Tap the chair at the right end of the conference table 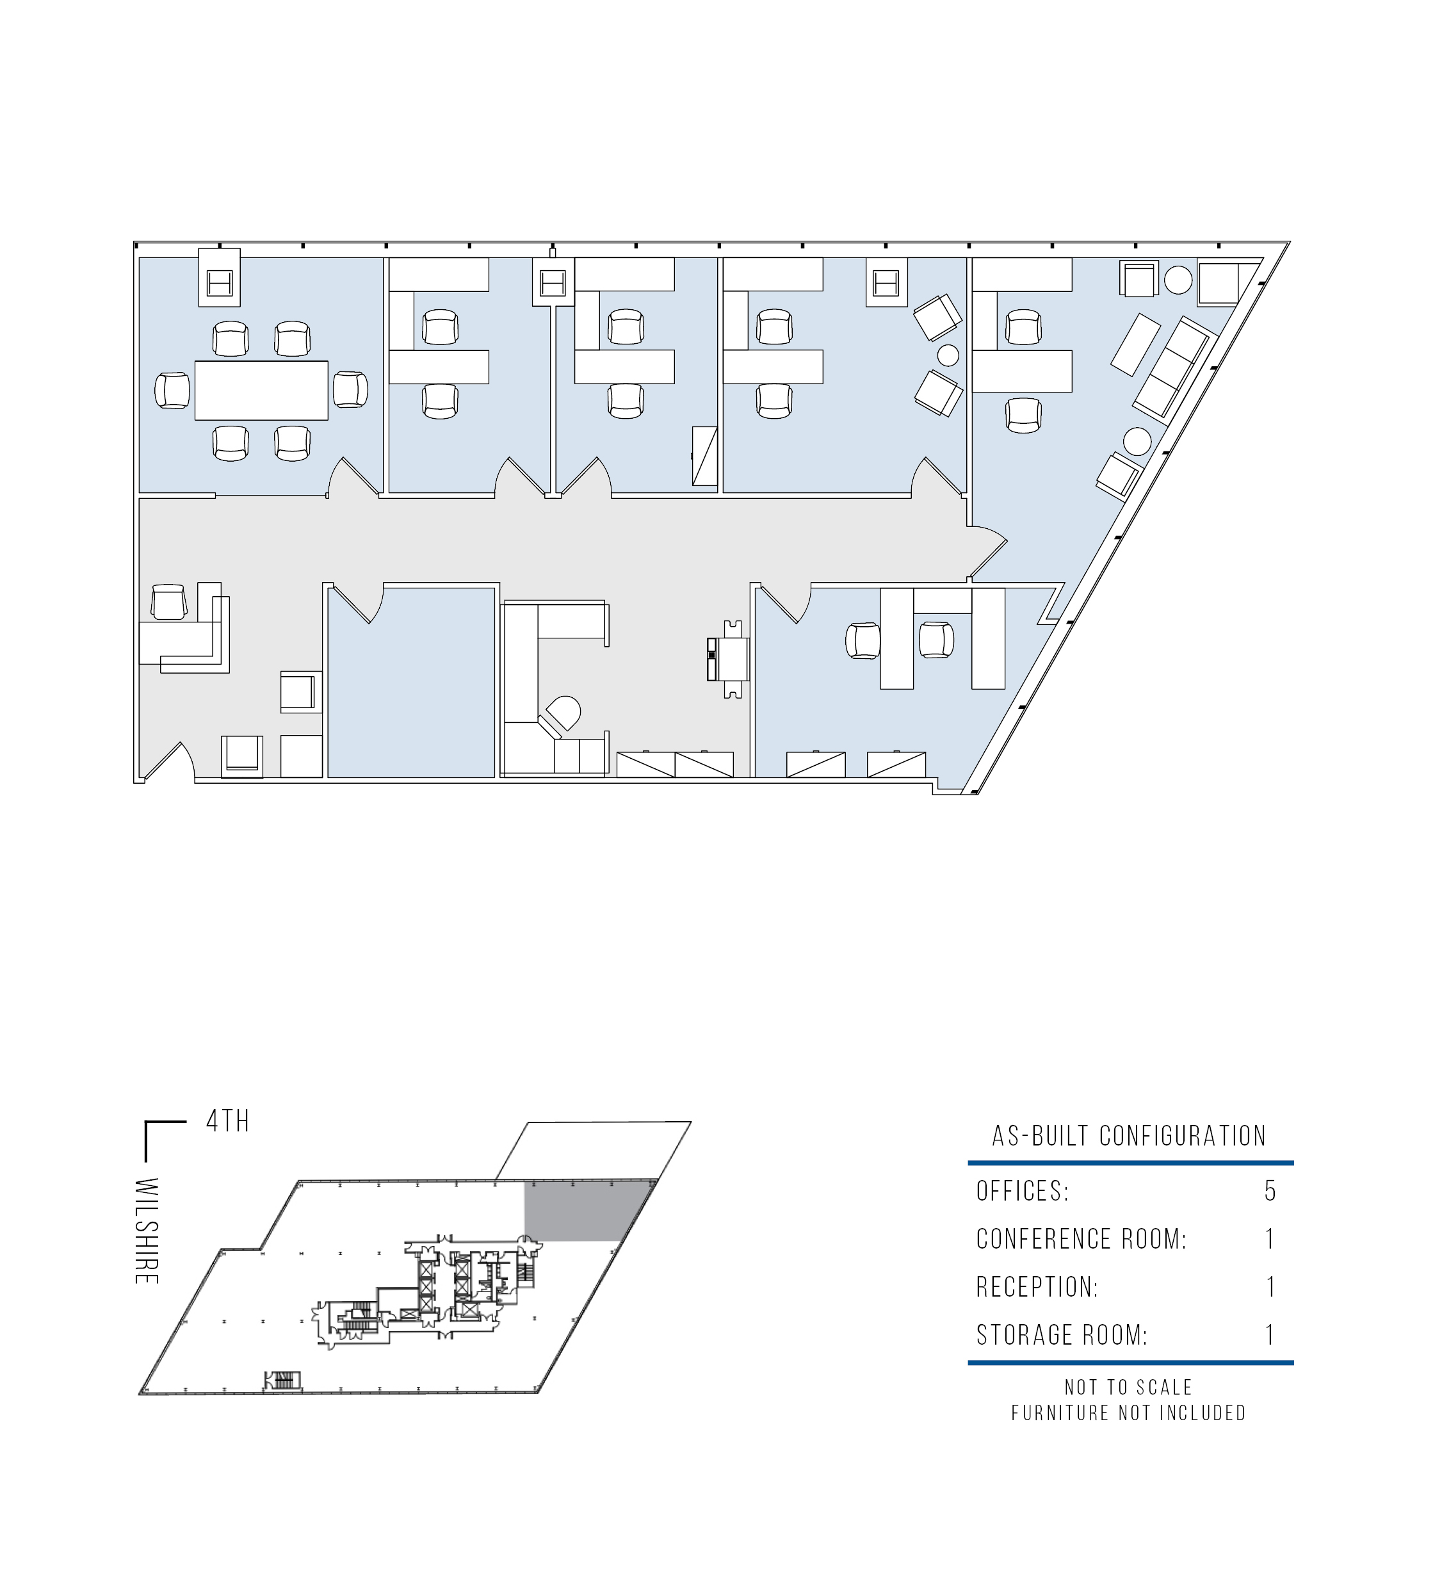point(350,389)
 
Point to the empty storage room point(411,683)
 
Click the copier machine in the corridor point(727,660)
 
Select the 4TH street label point(227,1121)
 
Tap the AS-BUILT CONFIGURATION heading point(1128,1136)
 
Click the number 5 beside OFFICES point(1270,1191)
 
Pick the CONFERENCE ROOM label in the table point(1081,1239)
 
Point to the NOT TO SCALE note point(1128,1388)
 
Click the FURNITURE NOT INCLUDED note point(1128,1413)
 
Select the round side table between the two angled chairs point(947,355)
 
